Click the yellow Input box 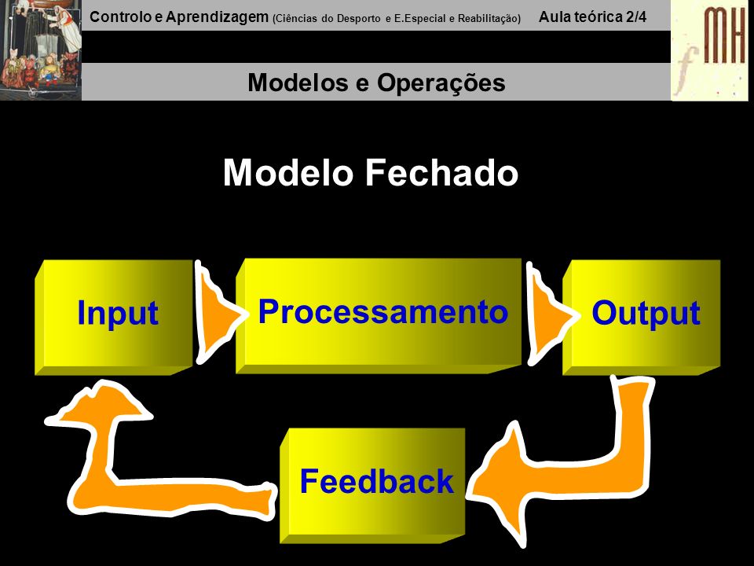(x=114, y=318)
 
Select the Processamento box (x=379, y=316)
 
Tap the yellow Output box (x=642, y=318)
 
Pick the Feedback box (x=372, y=485)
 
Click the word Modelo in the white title (x=288, y=172)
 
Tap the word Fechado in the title (x=442, y=172)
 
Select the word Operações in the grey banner (x=441, y=83)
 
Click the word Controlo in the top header (x=121, y=17)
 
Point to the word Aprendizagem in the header (x=217, y=18)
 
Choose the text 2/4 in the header (x=636, y=17)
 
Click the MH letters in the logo (x=725, y=35)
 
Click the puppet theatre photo (x=41, y=50)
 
